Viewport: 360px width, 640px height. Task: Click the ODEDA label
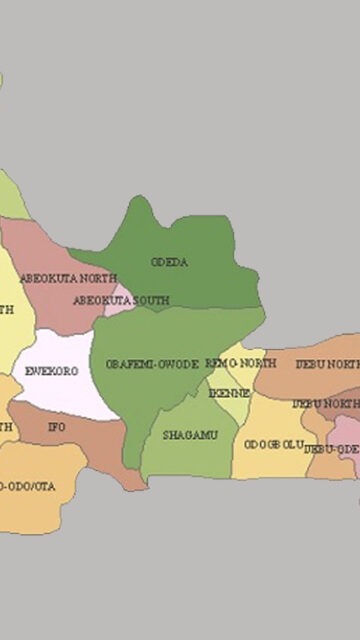tap(170, 263)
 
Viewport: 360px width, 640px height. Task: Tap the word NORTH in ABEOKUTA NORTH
tap(97, 277)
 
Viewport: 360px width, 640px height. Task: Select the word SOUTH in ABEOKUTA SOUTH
tap(151, 300)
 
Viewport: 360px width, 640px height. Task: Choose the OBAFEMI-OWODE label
tap(152, 364)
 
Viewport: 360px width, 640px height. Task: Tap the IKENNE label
tap(229, 393)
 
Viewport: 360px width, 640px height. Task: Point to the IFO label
tap(56, 427)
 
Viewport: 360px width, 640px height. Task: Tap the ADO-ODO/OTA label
tap(28, 486)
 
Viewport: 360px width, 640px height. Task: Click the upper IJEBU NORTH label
tap(327, 365)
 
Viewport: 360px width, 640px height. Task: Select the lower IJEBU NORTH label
tap(325, 404)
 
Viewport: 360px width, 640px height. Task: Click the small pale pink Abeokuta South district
tap(121, 302)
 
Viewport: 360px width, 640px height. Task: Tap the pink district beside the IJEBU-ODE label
tap(345, 430)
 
